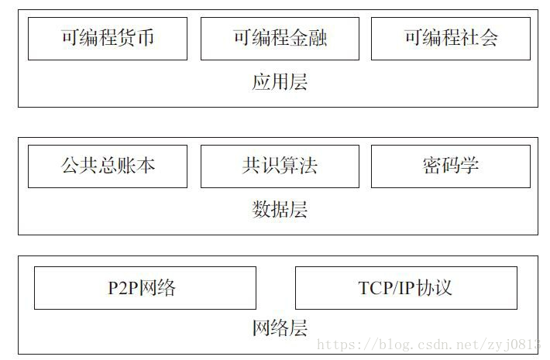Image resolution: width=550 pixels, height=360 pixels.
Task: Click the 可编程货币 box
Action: [108, 38]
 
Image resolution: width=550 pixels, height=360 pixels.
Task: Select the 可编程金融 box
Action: [280, 38]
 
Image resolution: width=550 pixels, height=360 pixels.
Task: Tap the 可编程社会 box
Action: [452, 38]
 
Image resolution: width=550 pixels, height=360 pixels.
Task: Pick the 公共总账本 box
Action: [108, 166]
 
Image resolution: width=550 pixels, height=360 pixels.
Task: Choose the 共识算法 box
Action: [280, 166]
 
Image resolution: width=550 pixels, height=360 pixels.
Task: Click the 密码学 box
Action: [452, 166]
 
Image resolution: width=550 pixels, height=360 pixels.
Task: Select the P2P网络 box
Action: [145, 288]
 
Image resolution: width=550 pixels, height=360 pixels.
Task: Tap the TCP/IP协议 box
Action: [406, 288]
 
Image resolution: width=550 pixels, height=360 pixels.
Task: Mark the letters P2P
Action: [124, 289]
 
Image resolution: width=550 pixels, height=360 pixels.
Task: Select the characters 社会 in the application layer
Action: [480, 38]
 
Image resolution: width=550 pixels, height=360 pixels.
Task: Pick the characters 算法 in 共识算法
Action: [298, 166]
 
